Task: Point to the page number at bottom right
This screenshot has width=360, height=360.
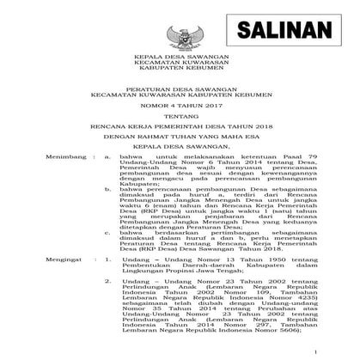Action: pos(341,351)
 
